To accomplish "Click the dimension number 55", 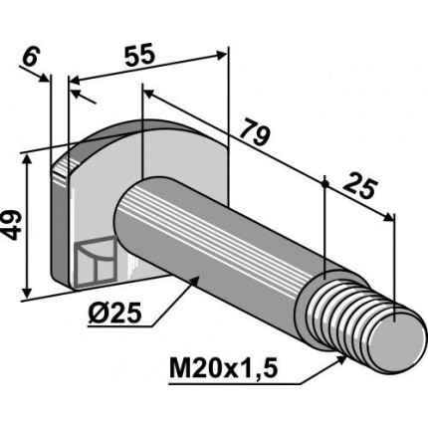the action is point(139,54).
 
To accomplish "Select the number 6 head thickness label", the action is point(32,58).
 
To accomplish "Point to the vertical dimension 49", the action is point(12,226).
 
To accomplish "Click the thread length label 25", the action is point(360,188).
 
